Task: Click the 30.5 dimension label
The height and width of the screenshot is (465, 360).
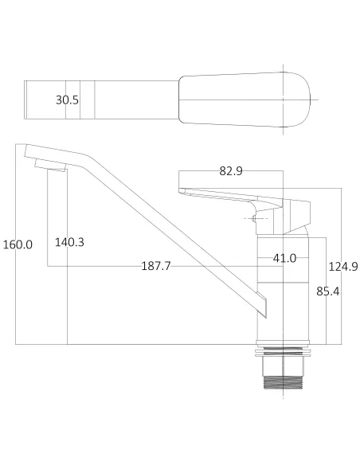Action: pyautogui.click(x=67, y=100)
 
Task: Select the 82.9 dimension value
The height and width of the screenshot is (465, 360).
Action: pyautogui.click(x=230, y=171)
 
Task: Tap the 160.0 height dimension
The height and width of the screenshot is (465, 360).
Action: pyautogui.click(x=18, y=244)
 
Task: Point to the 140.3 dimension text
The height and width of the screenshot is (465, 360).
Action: pyautogui.click(x=69, y=242)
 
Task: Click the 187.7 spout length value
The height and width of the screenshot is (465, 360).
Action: pyautogui.click(x=156, y=266)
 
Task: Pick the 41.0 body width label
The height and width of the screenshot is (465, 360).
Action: pyautogui.click(x=284, y=258)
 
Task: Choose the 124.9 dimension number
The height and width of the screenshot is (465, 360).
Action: pyautogui.click(x=342, y=266)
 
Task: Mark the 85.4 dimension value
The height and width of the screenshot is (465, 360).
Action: pyautogui.click(x=329, y=291)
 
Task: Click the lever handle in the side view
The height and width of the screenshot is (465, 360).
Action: pyautogui.click(x=227, y=193)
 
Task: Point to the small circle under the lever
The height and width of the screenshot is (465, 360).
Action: pyautogui.click(x=253, y=216)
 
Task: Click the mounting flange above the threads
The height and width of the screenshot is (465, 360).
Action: pyautogui.click(x=284, y=350)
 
